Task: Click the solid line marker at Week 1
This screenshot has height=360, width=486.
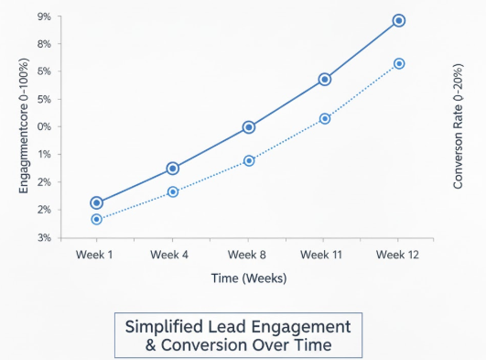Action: (96, 202)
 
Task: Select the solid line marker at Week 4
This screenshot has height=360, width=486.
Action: (173, 169)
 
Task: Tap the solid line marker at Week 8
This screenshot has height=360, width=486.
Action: (248, 127)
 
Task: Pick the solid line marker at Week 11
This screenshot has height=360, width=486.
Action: (324, 80)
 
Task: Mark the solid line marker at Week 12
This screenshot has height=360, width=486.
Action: (399, 20)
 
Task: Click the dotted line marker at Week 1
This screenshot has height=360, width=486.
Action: (96, 220)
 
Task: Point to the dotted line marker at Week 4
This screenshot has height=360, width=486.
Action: (173, 191)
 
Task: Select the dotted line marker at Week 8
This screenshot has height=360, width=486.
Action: (248, 160)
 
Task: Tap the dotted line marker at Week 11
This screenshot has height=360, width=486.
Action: (324, 118)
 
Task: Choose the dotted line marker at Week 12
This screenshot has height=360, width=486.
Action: (399, 63)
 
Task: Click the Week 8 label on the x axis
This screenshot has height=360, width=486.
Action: (247, 254)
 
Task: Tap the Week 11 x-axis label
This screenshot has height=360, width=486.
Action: (321, 254)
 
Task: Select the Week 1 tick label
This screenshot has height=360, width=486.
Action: (94, 254)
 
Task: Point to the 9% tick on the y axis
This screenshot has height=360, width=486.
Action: (44, 16)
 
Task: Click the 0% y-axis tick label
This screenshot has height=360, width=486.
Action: (44, 127)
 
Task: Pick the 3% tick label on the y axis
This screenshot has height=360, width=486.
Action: (44, 238)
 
